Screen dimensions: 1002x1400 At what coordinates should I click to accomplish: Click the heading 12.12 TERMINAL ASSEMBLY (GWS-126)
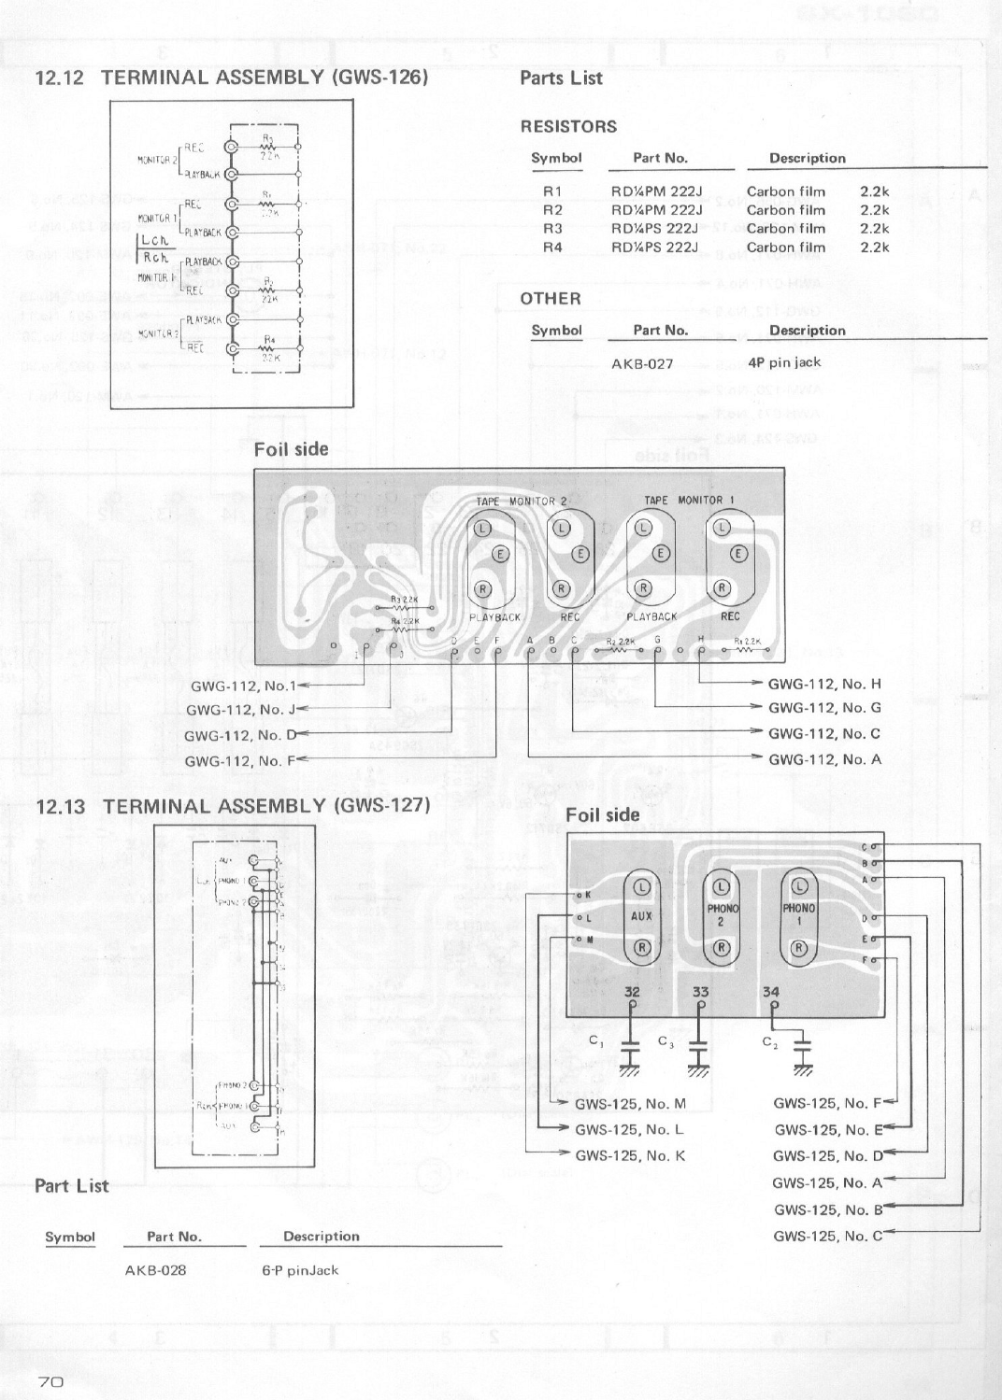pyautogui.click(x=231, y=78)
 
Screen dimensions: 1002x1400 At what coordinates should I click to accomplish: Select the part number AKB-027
pyautogui.click(x=642, y=363)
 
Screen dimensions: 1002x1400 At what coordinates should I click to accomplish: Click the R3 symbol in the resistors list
pyautogui.click(x=552, y=229)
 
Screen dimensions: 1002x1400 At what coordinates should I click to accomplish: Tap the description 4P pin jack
pyautogui.click(x=785, y=362)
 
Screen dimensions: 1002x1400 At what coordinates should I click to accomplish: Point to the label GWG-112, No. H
pyautogui.click(x=824, y=684)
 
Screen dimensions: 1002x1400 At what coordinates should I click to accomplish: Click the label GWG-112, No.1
pyautogui.click(x=243, y=685)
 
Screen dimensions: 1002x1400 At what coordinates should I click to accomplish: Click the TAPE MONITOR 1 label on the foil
pyautogui.click(x=689, y=501)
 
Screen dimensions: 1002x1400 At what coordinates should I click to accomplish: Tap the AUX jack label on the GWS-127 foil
pyautogui.click(x=641, y=916)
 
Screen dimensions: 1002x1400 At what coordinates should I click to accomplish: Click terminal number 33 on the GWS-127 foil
pyautogui.click(x=701, y=993)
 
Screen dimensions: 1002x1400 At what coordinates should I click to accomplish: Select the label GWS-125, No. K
pyautogui.click(x=630, y=1155)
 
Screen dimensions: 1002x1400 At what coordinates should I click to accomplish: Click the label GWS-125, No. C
pyautogui.click(x=827, y=1236)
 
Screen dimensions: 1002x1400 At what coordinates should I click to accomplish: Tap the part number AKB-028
pyautogui.click(x=155, y=1270)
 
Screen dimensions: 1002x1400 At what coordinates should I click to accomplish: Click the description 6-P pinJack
pyautogui.click(x=300, y=1270)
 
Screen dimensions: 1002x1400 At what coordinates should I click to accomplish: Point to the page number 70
pyautogui.click(x=50, y=1382)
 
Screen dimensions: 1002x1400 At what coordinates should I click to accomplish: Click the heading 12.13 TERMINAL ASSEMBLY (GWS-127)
pyautogui.click(x=232, y=805)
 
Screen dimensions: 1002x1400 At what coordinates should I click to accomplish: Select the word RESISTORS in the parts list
pyautogui.click(x=568, y=127)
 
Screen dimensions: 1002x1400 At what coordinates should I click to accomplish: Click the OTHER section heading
pyautogui.click(x=551, y=299)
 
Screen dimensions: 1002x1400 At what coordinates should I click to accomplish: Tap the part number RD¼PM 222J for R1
pyautogui.click(x=656, y=191)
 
